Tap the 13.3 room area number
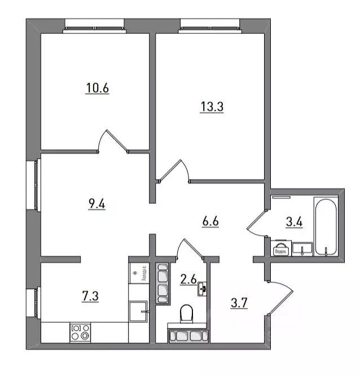(x=212, y=107)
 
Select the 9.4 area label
(x=96, y=204)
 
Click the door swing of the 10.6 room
(x=113, y=142)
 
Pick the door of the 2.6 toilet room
(x=190, y=249)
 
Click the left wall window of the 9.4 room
(x=35, y=187)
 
